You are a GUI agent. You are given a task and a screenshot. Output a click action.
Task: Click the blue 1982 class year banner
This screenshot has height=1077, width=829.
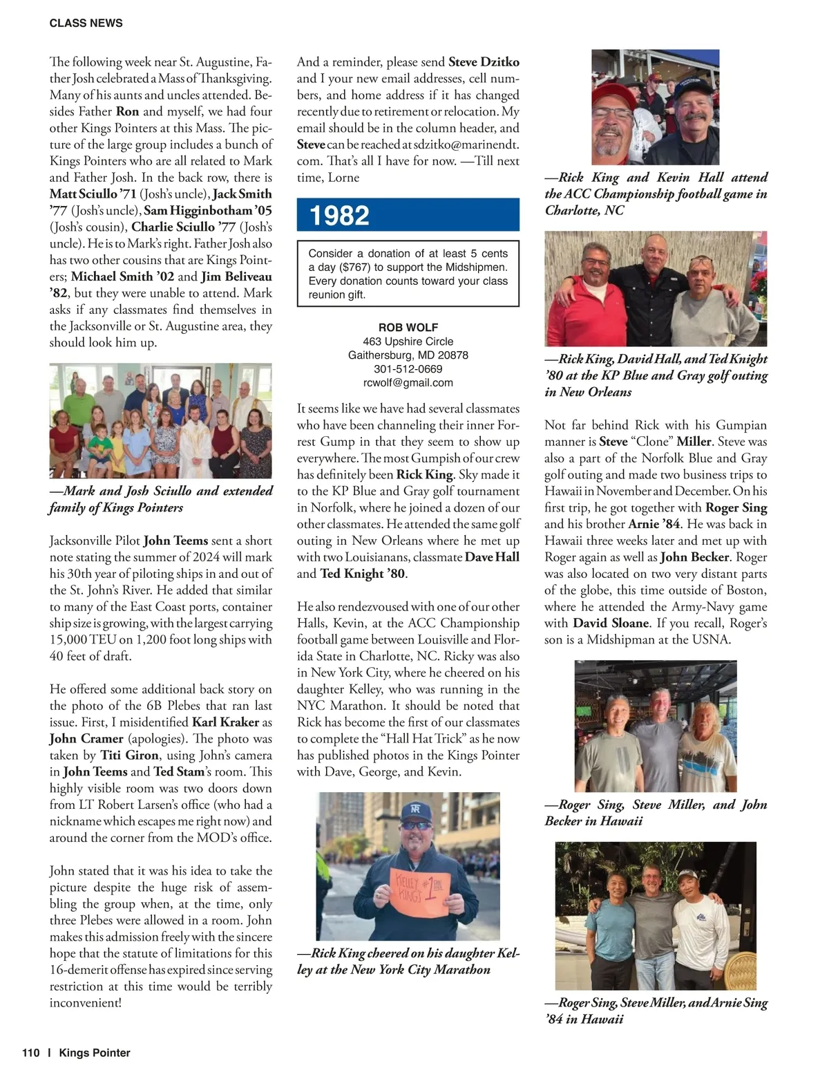pos(408,215)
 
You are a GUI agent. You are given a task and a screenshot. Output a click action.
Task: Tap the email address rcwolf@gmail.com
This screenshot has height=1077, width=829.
pos(408,382)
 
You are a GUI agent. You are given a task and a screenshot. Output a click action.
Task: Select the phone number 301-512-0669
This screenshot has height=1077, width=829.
pos(408,368)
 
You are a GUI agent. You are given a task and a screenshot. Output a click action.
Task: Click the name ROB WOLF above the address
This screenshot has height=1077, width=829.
pos(408,327)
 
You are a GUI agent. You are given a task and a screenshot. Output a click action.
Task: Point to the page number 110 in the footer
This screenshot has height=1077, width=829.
pos(31,1053)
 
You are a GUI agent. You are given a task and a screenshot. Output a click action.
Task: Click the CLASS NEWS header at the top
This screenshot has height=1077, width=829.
pos(86,23)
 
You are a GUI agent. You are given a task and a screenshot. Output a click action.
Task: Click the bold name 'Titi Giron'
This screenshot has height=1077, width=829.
pos(130,756)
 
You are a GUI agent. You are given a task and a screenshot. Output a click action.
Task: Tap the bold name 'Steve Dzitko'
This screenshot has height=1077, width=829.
pos(484,62)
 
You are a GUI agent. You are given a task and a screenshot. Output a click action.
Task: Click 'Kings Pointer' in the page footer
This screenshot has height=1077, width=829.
pos(95,1053)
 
